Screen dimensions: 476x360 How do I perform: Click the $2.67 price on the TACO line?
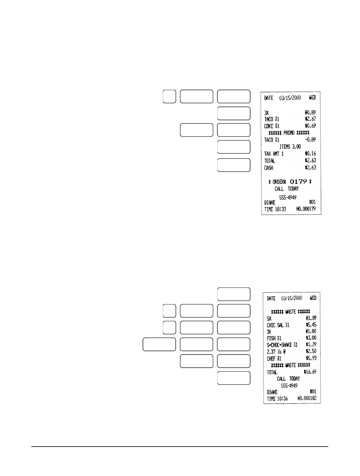(310, 119)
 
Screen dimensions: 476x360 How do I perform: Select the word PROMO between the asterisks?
(290, 133)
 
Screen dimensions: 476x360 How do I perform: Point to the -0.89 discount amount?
(310, 140)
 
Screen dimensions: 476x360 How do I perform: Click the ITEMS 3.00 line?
(288, 147)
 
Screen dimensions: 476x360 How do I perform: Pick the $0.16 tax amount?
(310, 154)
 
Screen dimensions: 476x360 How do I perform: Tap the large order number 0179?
(299, 182)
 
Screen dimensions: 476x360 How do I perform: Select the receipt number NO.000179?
(306, 209)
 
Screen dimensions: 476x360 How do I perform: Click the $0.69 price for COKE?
(310, 126)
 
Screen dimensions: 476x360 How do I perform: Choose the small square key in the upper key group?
(169, 96)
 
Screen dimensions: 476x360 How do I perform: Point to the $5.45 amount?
(311, 325)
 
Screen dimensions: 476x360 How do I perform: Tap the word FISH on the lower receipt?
(271, 338)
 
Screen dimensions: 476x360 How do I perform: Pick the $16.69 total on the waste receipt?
(310, 372)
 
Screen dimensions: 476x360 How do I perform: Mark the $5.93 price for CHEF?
(311, 358)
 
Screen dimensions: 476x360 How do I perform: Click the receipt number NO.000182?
(307, 398)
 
